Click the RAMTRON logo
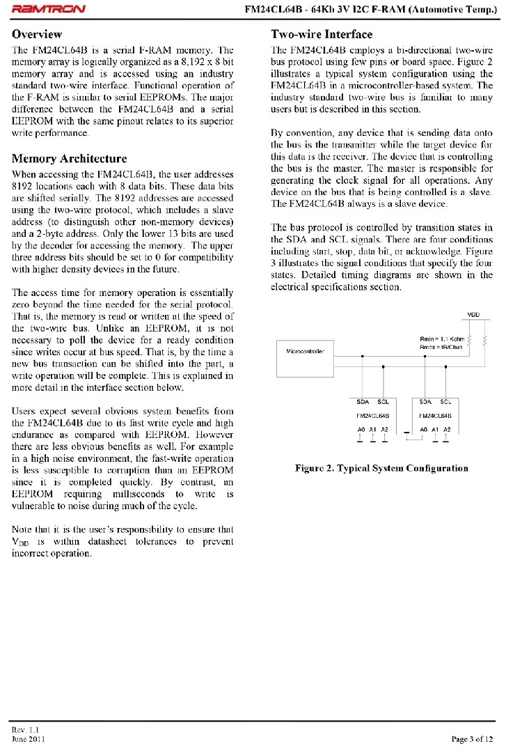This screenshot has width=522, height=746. pyautogui.click(x=49, y=10)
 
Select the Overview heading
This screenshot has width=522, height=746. pyautogui.click(x=37, y=34)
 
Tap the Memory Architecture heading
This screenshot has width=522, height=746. pyautogui.click(x=70, y=159)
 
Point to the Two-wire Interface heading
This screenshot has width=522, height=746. pyautogui.click(x=322, y=34)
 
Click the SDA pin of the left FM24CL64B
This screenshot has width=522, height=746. pyautogui.click(x=363, y=402)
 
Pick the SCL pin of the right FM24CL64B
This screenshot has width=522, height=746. pyautogui.click(x=446, y=402)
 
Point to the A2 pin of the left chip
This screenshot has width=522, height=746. pyautogui.click(x=384, y=430)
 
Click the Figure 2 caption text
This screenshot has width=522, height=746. pyautogui.click(x=381, y=468)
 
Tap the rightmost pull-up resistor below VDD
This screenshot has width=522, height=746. pyautogui.click(x=484, y=340)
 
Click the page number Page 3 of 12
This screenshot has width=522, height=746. pyautogui.click(x=473, y=739)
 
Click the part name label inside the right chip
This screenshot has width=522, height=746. pyautogui.click(x=436, y=415)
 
